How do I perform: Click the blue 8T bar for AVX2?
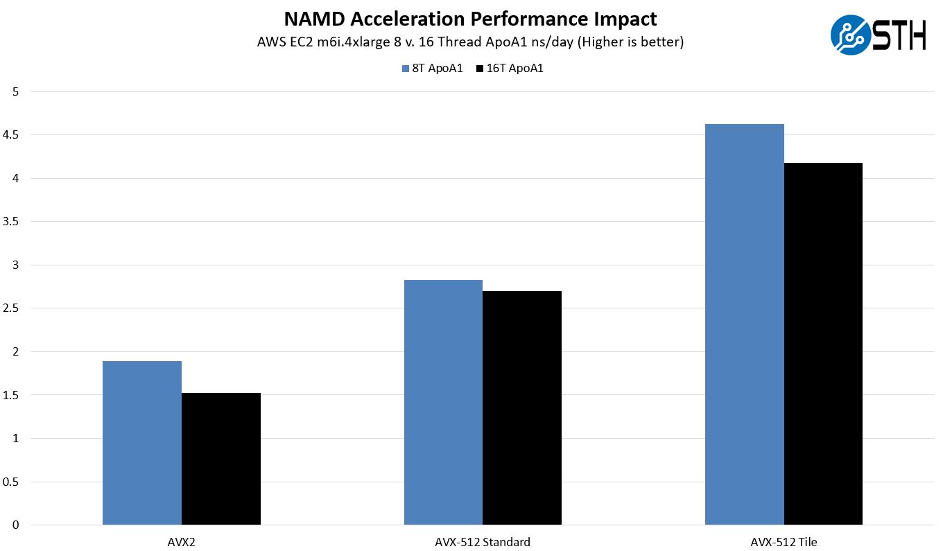(x=142, y=443)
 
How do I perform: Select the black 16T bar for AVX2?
(x=221, y=459)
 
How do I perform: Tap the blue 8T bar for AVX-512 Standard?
(x=443, y=402)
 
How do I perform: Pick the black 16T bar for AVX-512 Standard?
(x=522, y=408)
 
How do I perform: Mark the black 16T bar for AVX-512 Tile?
(x=823, y=344)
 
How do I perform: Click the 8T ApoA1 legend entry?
(x=433, y=69)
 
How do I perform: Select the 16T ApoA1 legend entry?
(x=509, y=69)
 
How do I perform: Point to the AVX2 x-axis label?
(x=182, y=542)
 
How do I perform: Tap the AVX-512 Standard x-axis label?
(x=483, y=542)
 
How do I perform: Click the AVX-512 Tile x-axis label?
(x=784, y=542)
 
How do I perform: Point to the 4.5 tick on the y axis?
(x=12, y=135)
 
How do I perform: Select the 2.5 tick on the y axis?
(x=12, y=308)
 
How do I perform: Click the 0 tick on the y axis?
(x=16, y=525)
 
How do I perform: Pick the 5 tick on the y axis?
(x=16, y=91)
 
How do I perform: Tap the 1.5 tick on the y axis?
(x=12, y=395)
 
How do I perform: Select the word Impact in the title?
(x=627, y=19)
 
